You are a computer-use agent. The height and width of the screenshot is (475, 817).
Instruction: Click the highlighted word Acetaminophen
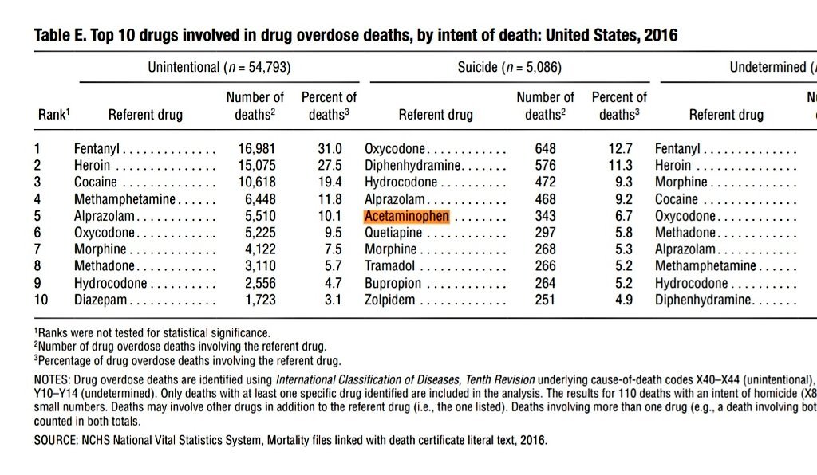[x=407, y=216]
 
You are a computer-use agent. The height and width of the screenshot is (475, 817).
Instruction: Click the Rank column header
[x=53, y=115]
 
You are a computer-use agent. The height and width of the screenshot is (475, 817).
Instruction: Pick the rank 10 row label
[x=41, y=300]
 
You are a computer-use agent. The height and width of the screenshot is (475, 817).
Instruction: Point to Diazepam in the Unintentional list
[x=101, y=300]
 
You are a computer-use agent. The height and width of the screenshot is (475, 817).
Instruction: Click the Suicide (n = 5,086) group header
[x=509, y=68]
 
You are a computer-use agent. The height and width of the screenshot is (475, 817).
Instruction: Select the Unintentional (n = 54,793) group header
[x=219, y=68]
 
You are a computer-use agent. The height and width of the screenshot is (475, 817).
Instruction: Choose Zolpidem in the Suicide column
[x=390, y=300]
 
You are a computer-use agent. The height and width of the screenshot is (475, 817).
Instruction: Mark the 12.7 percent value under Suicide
[x=620, y=149]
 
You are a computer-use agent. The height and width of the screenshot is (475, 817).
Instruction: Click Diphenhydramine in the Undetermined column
[x=703, y=300]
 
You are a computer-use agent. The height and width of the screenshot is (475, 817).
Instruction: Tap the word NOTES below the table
[x=52, y=379]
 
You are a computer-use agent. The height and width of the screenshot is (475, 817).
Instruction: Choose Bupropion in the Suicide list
[x=393, y=284]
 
